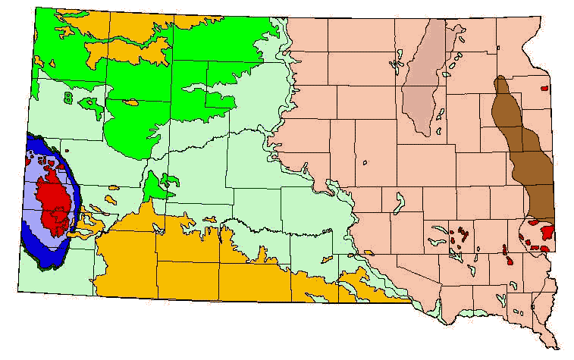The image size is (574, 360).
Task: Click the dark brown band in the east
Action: coord(531,159)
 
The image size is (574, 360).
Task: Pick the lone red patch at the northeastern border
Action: coord(544,88)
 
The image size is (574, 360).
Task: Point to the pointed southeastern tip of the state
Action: coord(560,346)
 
